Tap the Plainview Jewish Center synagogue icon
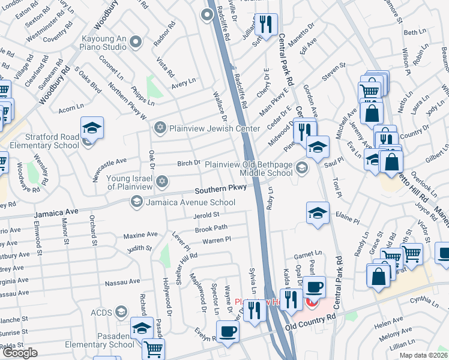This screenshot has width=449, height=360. click(x=160, y=127)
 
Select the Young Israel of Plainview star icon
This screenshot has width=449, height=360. click(x=161, y=181)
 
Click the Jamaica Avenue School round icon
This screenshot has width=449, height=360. click(x=136, y=203)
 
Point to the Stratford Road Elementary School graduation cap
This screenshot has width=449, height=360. click(x=92, y=127)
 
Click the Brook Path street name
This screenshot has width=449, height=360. click(x=211, y=229)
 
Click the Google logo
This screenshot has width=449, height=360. click(x=20, y=353)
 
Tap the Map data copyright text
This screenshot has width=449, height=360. click(x=423, y=355)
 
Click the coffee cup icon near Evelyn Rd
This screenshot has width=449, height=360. click(x=228, y=332)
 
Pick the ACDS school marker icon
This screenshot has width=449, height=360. click(x=122, y=312)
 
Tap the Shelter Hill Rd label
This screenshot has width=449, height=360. click(x=187, y=262)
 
